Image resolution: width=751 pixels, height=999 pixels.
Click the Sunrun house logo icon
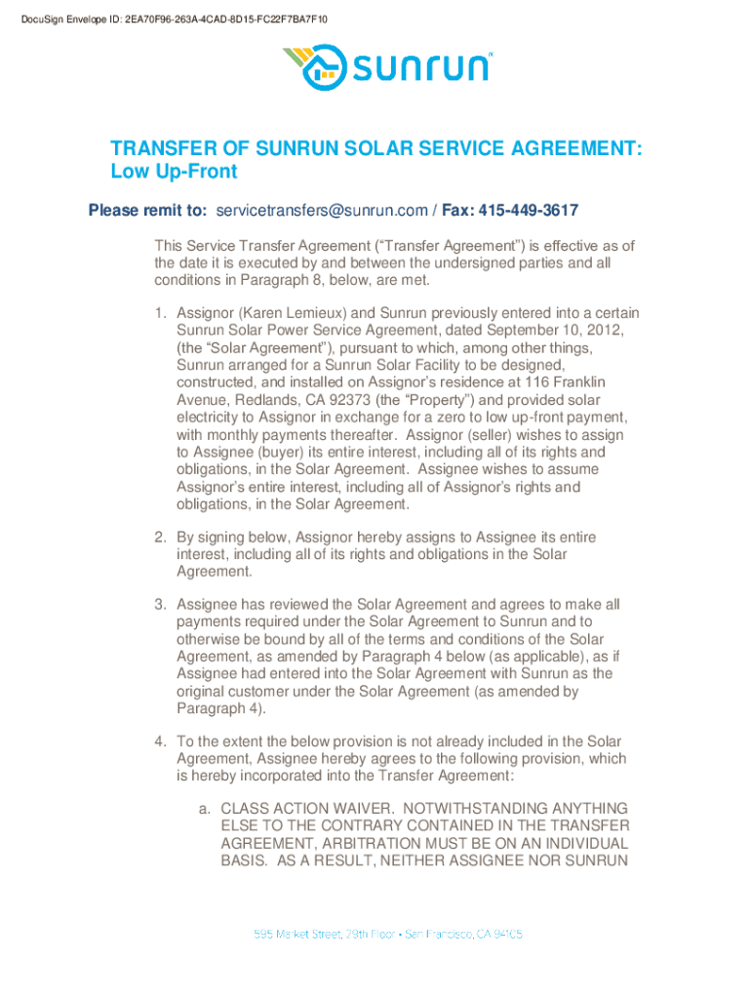pos(315,65)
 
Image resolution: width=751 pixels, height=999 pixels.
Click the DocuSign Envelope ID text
pos(144,19)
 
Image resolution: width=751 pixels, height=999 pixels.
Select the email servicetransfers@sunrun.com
pos(322,210)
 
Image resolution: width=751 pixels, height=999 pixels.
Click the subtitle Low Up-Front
pos(174,173)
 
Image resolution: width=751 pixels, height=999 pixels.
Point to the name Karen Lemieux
pos(292,313)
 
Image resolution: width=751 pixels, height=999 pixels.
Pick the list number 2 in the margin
pos(160,538)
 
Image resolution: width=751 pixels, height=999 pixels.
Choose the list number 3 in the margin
pos(160,604)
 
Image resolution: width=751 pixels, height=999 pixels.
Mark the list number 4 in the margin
pos(160,741)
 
